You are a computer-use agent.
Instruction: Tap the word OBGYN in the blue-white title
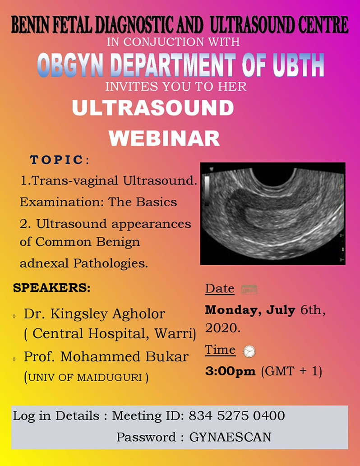70,65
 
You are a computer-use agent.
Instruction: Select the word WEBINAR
164,138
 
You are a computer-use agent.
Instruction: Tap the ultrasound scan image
273,213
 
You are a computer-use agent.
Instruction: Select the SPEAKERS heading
52,288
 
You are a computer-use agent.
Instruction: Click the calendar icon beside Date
249,289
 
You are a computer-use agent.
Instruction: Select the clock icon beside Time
249,351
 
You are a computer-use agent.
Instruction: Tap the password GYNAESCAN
230,437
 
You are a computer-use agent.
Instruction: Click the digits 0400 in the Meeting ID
269,415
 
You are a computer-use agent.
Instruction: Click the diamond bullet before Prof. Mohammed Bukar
14,359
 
